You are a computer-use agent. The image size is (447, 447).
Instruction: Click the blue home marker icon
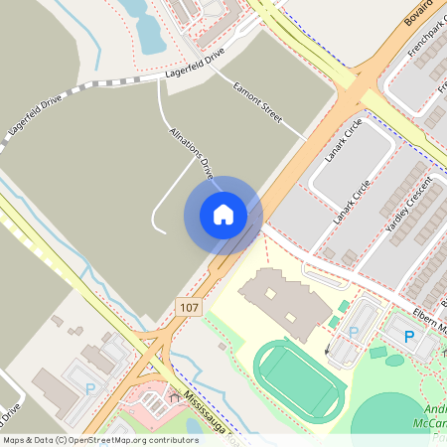[x=223, y=215]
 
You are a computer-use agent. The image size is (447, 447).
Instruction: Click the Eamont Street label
[x=258, y=102]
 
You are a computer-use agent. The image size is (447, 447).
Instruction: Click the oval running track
[x=299, y=377]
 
